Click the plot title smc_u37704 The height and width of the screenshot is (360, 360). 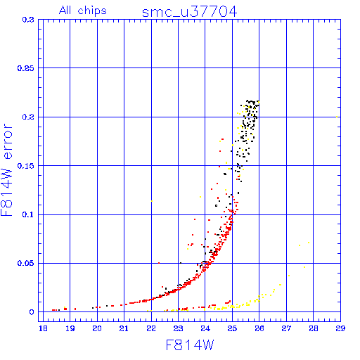(189, 12)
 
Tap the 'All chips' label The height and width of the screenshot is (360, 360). (83, 11)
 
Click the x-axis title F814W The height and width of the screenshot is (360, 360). (190, 345)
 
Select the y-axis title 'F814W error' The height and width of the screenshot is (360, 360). (6, 169)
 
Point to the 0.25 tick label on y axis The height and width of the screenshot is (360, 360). (25, 68)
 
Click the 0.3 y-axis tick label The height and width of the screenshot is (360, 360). (28, 20)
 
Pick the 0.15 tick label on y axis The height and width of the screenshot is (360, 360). (25, 166)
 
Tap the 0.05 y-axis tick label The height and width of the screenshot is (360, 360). (25, 263)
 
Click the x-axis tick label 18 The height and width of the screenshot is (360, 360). (43, 328)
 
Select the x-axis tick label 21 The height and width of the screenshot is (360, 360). (124, 328)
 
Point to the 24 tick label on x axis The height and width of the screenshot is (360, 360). (205, 328)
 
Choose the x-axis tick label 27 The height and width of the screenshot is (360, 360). (286, 328)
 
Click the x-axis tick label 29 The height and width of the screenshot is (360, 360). (340, 328)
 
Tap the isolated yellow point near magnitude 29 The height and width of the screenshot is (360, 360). (337, 117)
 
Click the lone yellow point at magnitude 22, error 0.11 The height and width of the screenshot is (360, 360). (152, 201)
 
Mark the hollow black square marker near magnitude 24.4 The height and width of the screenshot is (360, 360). (216, 206)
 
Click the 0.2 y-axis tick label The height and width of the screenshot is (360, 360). (28, 117)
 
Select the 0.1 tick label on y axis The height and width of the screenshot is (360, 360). (28, 214)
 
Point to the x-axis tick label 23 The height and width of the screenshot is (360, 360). (178, 328)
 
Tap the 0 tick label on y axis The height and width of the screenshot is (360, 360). (32, 312)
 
